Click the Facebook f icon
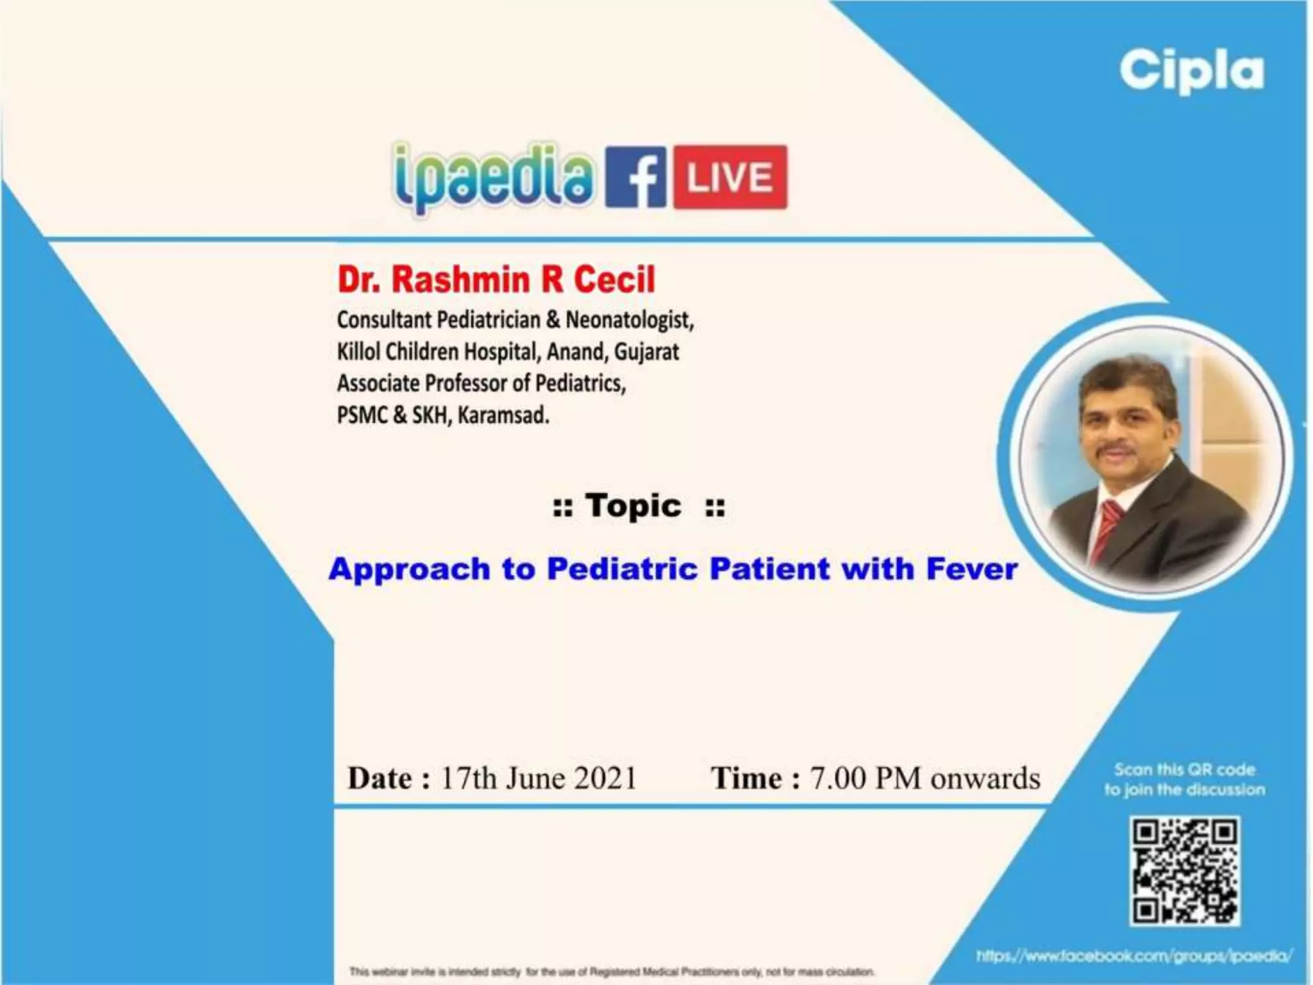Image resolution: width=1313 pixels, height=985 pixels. [x=635, y=177]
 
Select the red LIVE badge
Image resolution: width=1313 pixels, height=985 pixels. [x=730, y=177]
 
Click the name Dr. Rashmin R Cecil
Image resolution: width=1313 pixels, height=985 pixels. [x=496, y=280]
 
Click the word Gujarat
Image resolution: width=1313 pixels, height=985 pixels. [x=646, y=351]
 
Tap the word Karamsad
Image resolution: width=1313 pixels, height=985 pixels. [x=503, y=416]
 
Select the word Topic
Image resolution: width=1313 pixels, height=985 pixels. [x=633, y=506]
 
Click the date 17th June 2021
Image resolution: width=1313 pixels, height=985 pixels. [x=539, y=778]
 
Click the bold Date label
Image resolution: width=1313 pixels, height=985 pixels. [x=388, y=778]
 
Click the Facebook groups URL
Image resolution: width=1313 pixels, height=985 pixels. [x=1133, y=956]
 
